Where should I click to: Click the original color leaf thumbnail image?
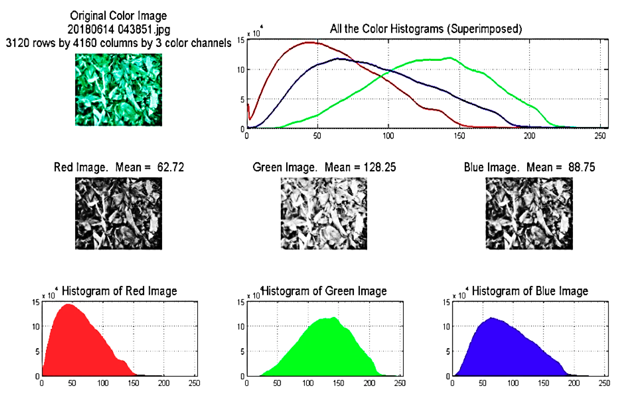pyautogui.click(x=119, y=90)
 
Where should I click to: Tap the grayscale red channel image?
pyautogui.click(x=119, y=213)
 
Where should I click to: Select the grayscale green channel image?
pyautogui.click(x=324, y=213)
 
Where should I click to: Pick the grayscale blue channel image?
pyautogui.click(x=529, y=213)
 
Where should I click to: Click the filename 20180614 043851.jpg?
pyautogui.click(x=119, y=29)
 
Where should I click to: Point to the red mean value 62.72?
pyautogui.click(x=171, y=167)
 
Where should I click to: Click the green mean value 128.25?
pyautogui.click(x=380, y=167)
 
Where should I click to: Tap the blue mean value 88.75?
pyautogui.click(x=581, y=167)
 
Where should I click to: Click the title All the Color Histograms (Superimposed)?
pyautogui.click(x=426, y=29)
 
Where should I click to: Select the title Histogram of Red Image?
pyautogui.click(x=119, y=291)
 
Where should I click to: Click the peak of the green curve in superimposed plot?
pyautogui.click(x=450, y=58)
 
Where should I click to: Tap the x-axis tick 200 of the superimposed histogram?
pyautogui.click(x=529, y=136)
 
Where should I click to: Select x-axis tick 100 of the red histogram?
pyautogui.click(x=103, y=383)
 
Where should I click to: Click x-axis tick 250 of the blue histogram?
pyautogui.click(x=604, y=383)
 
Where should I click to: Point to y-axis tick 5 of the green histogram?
pyautogui.click(x=242, y=352)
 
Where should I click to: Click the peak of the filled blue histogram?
pyautogui.click(x=491, y=318)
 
